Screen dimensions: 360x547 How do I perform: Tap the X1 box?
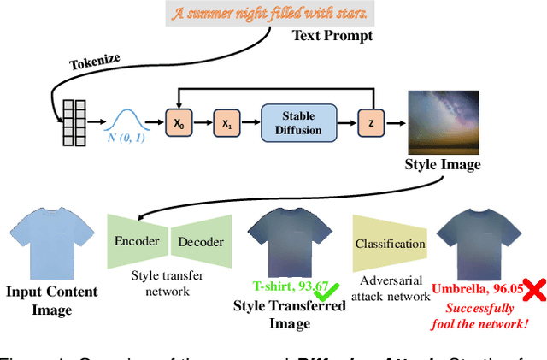click(x=226, y=124)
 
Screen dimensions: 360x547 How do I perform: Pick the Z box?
click(x=371, y=124)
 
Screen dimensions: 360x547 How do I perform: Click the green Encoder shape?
click(x=137, y=242)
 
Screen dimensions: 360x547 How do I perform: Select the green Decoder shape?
click(x=200, y=242)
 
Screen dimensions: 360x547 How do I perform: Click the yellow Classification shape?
click(x=391, y=244)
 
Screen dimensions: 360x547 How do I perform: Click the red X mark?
click(x=535, y=291)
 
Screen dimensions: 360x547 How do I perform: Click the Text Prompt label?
click(x=332, y=35)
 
